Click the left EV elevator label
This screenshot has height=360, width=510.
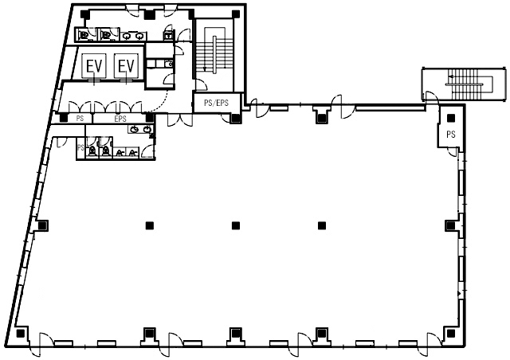point(94,66)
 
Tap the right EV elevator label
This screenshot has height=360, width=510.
point(126,66)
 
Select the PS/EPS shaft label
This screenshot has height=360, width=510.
point(216,103)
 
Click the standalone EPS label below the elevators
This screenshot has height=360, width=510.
point(120,119)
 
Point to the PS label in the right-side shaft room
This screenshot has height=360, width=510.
point(451,134)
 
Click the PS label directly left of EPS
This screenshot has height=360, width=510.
point(80,119)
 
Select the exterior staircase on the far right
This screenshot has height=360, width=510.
point(465,84)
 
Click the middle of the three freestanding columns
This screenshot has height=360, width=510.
point(236,225)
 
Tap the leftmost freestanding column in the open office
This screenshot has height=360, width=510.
point(150,225)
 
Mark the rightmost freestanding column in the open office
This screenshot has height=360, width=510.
point(322,225)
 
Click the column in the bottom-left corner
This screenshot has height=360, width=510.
point(21,334)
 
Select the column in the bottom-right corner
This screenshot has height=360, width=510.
point(451,334)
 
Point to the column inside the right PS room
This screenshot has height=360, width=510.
point(451,118)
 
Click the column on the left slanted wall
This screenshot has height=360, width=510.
point(42,225)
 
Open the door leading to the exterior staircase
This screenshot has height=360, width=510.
point(431,96)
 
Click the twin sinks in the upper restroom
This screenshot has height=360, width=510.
point(133,36)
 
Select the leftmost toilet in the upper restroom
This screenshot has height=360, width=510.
point(84,34)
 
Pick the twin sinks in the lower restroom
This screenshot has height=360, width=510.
point(141,129)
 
